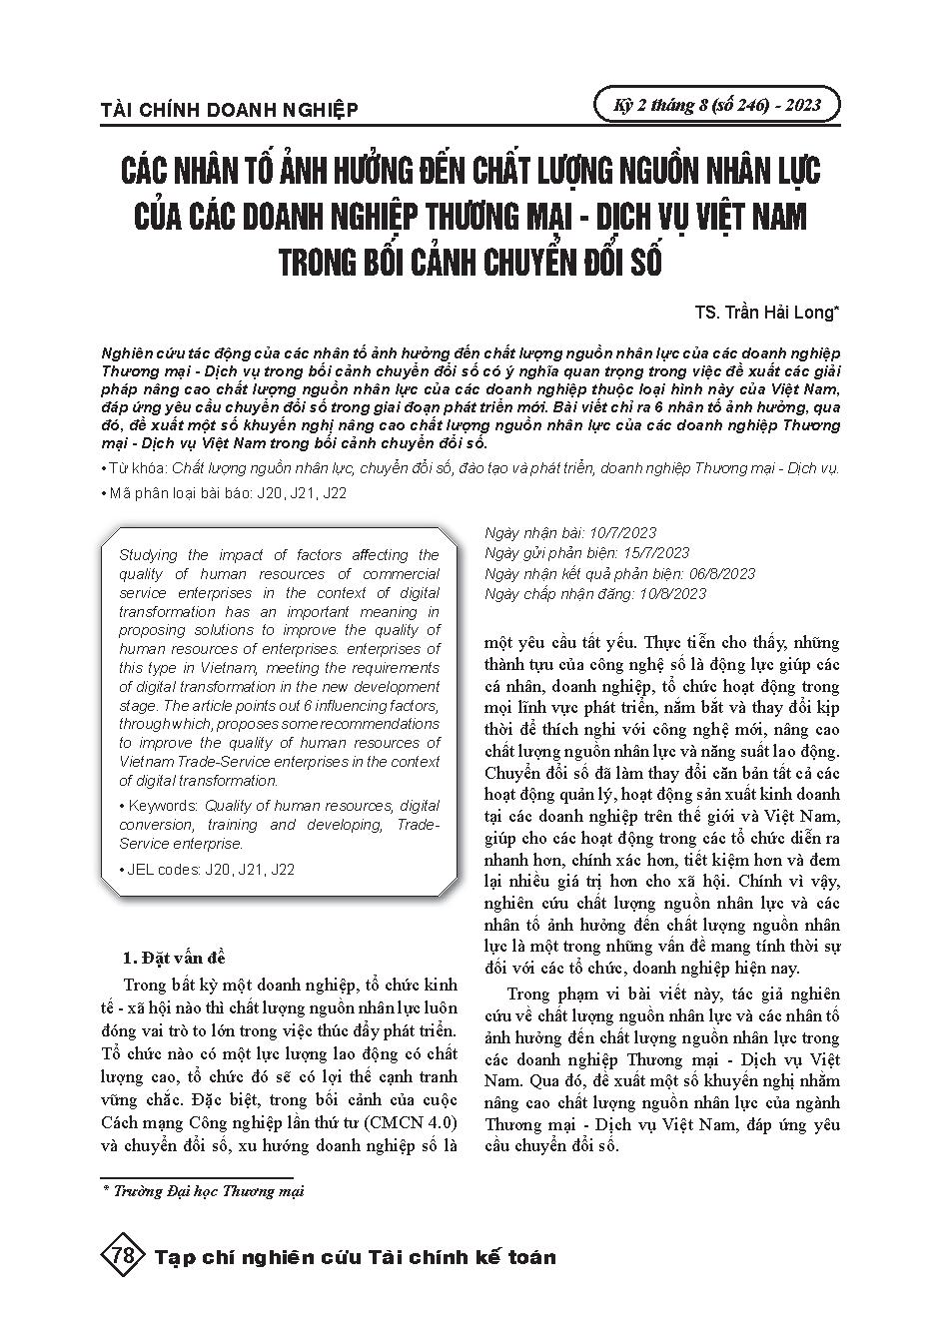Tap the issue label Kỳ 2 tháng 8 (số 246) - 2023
(x=714, y=104)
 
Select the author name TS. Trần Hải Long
(x=767, y=313)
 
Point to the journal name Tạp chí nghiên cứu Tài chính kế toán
(x=356, y=1257)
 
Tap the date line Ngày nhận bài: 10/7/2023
(x=569, y=534)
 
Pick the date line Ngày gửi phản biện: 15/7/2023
(x=585, y=553)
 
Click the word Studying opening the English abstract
(x=148, y=555)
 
